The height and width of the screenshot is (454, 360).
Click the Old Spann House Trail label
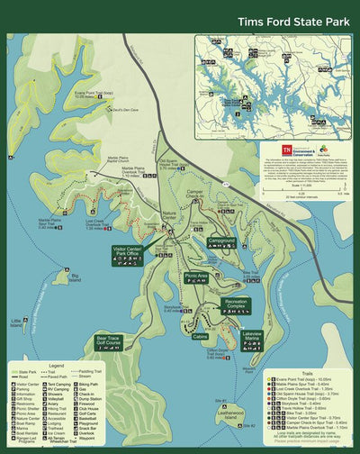173,164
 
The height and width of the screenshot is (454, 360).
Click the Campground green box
221,241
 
